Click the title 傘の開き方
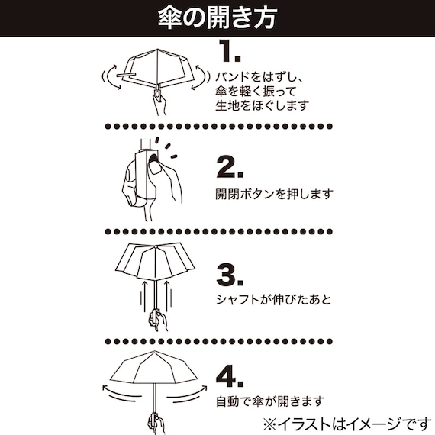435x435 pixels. (217, 17)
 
